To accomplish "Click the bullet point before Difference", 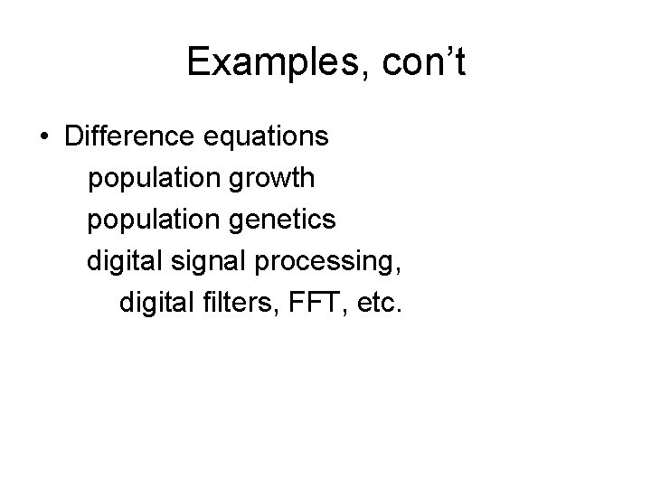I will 44,138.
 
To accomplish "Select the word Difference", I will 125,137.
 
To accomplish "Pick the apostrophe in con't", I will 448,50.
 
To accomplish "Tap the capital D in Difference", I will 73,137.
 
